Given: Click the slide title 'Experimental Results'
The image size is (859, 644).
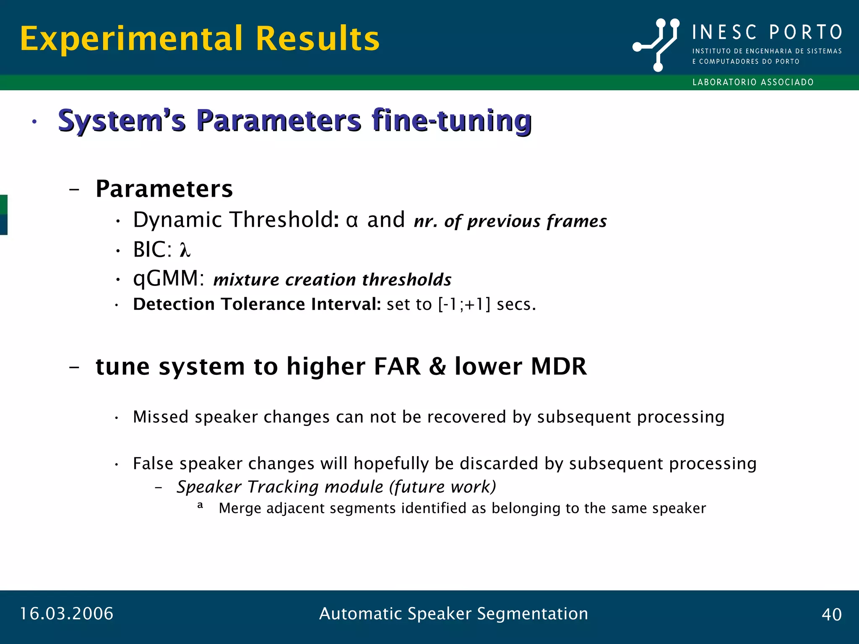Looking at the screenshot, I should coord(200,39).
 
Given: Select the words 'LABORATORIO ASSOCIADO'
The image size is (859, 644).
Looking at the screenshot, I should coord(753,82).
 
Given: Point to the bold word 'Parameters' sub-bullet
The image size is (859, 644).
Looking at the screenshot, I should coord(164,189).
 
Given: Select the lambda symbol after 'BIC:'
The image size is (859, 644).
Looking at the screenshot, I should coord(185,250).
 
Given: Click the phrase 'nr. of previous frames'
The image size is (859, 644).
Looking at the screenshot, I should coord(510,221).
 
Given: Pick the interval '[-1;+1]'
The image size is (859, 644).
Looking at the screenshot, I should coord(464,304).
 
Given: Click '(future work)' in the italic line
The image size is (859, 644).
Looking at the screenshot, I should coord(442,487).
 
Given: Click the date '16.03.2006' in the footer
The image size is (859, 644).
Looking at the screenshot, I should coord(67,614).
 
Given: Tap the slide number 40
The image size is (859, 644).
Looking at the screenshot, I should coord(831,615).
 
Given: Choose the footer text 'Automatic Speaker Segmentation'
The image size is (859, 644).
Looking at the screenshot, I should coord(453,614).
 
